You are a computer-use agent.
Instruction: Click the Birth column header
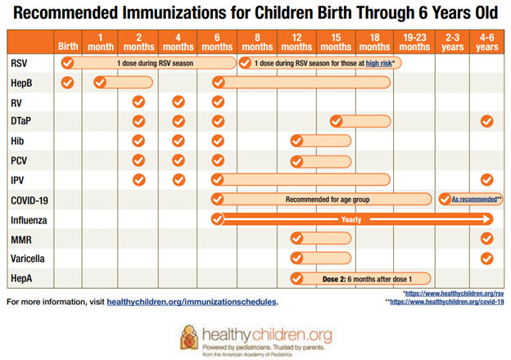(x=68, y=46)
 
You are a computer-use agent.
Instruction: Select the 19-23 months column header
(x=415, y=42)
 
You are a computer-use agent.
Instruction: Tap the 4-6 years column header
(x=486, y=42)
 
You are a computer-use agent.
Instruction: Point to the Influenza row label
(x=29, y=219)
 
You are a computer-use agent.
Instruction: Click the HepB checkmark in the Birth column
(x=68, y=82)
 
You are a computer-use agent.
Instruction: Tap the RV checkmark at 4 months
(x=178, y=101)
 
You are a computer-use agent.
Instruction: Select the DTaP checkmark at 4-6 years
(x=486, y=121)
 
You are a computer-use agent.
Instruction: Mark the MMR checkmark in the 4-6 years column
(x=486, y=238)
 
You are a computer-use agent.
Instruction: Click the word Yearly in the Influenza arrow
(x=352, y=219)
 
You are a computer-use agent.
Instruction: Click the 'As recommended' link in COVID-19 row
(x=473, y=200)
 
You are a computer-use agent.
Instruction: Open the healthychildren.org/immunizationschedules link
(x=192, y=302)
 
